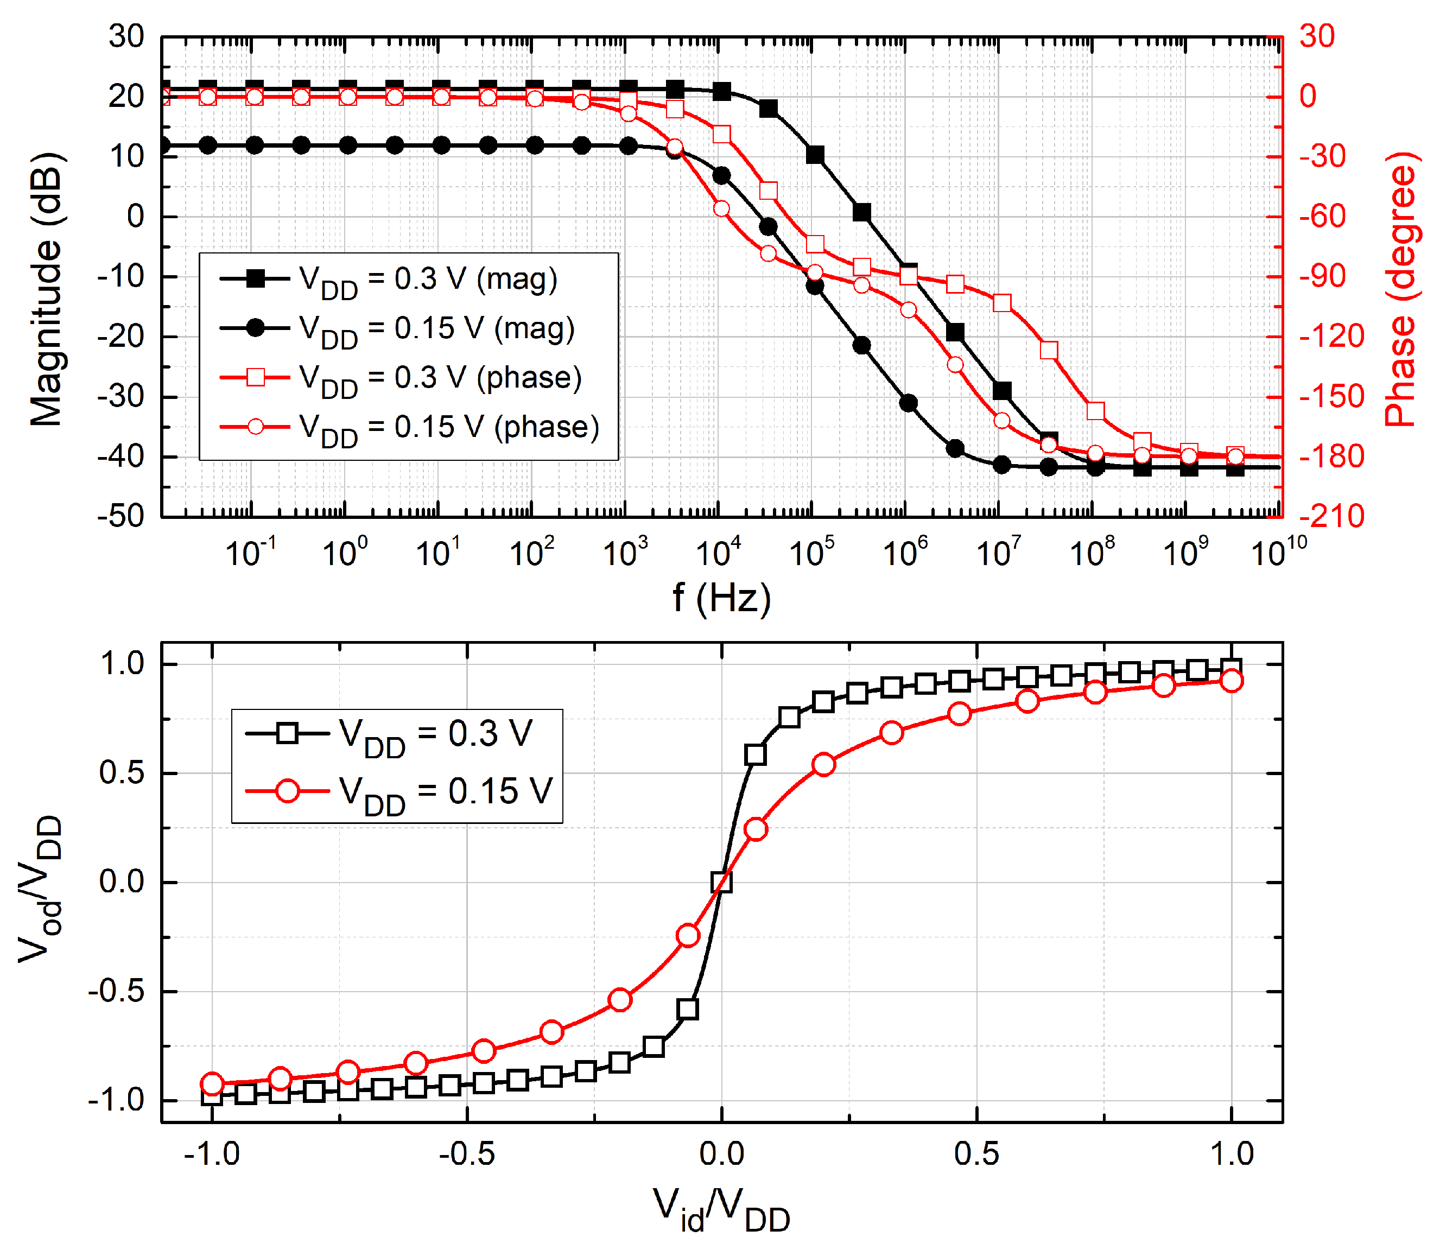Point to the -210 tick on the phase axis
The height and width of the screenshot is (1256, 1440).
1331,517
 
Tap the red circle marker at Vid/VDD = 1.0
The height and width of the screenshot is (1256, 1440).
1231,681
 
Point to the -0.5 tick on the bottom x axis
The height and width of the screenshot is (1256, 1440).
467,1154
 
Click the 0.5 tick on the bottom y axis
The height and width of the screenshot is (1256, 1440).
120,773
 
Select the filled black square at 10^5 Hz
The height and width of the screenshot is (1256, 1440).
814,155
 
